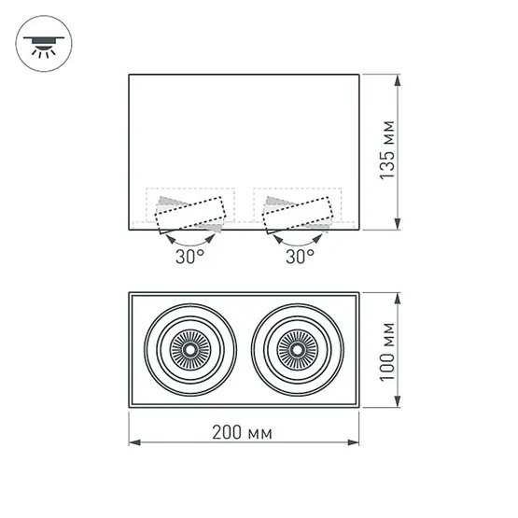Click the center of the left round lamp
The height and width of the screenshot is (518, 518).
tap(190, 350)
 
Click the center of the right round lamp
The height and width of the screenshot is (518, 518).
tap(298, 350)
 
